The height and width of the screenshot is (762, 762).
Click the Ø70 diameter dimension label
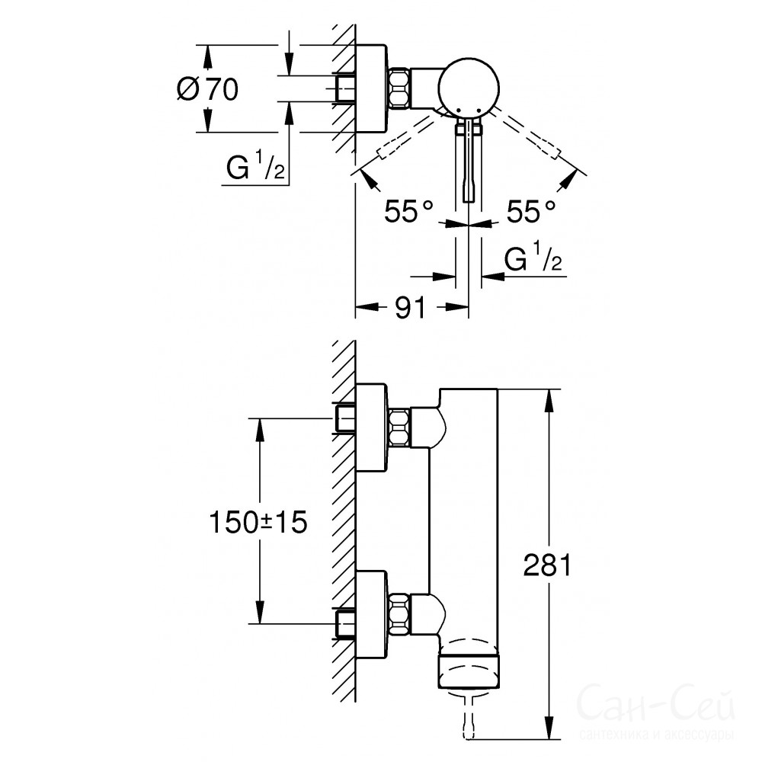coord(207,89)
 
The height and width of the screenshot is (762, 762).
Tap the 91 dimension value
coord(410,307)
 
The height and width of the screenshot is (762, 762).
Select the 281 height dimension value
coord(547,565)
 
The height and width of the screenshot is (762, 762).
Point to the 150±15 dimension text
coord(258,523)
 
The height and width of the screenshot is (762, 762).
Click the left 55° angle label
coord(408,211)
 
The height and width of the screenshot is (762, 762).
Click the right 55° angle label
coord(530,211)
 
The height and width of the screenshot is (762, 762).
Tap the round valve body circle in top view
coord(469,88)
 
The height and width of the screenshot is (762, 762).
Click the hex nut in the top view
coord(399,88)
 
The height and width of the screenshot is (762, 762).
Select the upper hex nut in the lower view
coord(400,427)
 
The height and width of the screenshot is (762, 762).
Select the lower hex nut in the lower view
coord(400,613)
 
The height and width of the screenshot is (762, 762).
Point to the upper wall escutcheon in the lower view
coord(372,427)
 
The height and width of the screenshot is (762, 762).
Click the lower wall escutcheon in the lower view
coord(372,614)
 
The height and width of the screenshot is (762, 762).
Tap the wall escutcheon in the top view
coord(372,88)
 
